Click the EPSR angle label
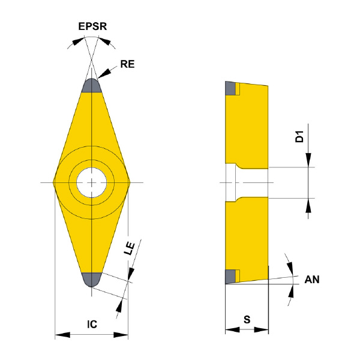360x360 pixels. coord(92,26)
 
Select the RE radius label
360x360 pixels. coord(127,64)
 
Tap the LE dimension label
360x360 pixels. coord(130,248)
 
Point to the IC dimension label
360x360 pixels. coord(92,325)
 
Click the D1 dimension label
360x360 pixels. coord(299,136)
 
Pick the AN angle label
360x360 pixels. coord(312,280)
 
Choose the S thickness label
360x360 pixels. coord(247,319)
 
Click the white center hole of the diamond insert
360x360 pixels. coord(92,182)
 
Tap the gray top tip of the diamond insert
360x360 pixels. coord(92,86)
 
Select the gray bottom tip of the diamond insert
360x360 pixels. coord(92,280)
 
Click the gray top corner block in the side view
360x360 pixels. coord(230,88)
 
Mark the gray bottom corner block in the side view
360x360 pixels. coord(230,277)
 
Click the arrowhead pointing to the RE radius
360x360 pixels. coord(104,73)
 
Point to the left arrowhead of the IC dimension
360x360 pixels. coord(62,335)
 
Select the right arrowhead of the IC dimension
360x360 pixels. coord(121,335)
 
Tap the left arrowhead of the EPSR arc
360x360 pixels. coord(77,41)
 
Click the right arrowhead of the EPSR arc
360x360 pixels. coord(105,41)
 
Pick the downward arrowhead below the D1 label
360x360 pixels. coord(308,160)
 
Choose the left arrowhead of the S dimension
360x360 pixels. coord(232,330)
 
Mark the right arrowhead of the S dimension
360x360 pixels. coord(261,330)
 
